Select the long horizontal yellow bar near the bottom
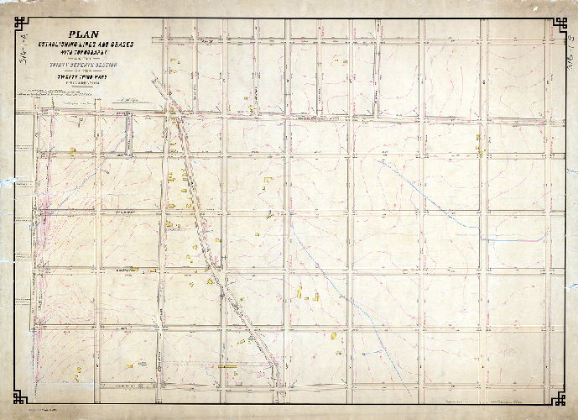[x=228, y=366]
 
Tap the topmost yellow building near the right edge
[x=478, y=137]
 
